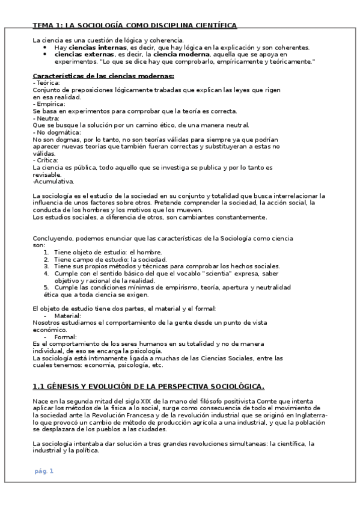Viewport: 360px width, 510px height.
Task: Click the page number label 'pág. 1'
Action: pyautogui.click(x=44, y=454)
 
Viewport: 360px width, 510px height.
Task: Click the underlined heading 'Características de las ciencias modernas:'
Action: pyautogui.click(x=103, y=76)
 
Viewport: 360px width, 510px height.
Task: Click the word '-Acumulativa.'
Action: pyautogui.click(x=53, y=181)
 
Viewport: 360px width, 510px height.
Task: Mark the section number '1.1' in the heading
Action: pyautogui.click(x=38, y=386)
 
